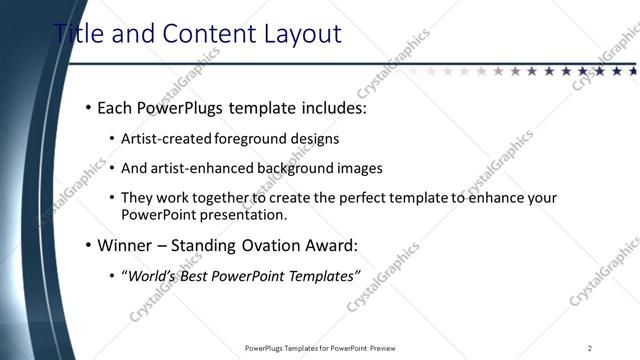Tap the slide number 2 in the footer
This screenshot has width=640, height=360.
pyautogui.click(x=589, y=348)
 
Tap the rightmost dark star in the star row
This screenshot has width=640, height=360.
pyautogui.click(x=632, y=71)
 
